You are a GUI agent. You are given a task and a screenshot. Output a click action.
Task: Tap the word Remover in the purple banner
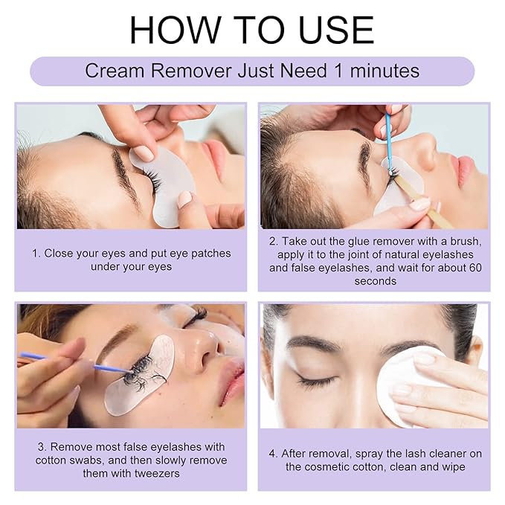coord(191,71)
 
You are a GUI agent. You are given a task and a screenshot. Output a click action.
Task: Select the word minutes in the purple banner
coord(385,71)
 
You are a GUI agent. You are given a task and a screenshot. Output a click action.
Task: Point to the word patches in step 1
coord(210,254)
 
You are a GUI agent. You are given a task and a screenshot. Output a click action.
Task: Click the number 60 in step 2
coord(475,268)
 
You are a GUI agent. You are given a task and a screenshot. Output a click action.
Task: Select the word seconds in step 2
coord(375,281)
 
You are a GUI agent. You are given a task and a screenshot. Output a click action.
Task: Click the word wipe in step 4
coord(454,466)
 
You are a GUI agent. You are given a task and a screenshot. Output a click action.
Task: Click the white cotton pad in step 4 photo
coord(406,387)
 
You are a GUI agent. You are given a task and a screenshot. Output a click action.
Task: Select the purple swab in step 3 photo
coord(74,361)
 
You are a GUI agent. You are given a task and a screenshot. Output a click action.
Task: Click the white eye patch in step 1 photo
coord(163,185)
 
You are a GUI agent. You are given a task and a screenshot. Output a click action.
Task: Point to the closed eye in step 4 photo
coord(317,380)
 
